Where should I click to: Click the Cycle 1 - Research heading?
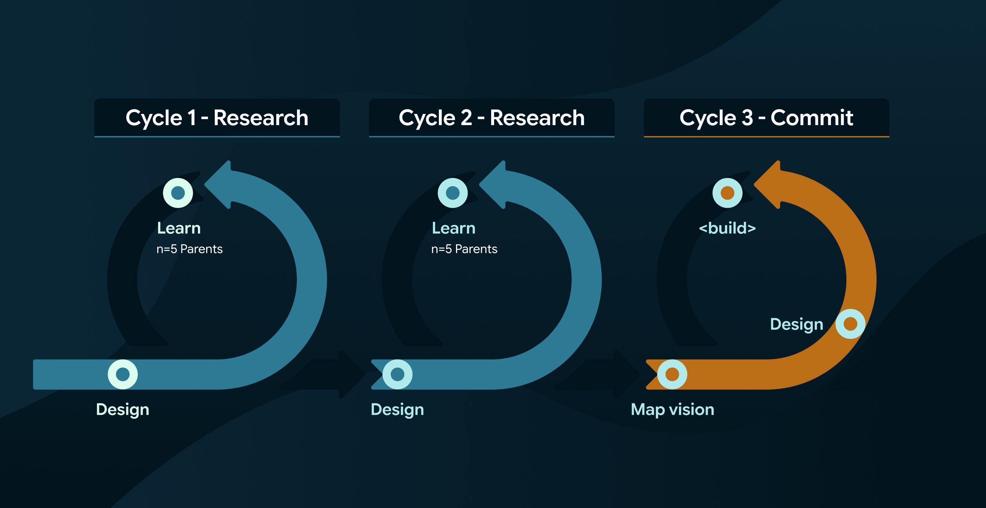click(x=217, y=118)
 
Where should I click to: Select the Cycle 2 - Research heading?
click(x=492, y=118)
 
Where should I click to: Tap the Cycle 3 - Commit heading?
click(x=766, y=118)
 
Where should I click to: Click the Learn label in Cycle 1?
click(x=179, y=228)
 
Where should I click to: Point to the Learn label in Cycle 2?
click(x=453, y=228)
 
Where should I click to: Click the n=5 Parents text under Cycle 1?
click(x=189, y=249)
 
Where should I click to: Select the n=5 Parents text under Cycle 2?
click(x=464, y=249)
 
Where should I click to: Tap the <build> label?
click(x=727, y=228)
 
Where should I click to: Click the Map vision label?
click(x=673, y=410)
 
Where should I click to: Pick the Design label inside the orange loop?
click(x=797, y=325)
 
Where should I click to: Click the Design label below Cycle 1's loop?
click(x=123, y=410)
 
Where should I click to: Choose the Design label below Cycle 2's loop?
click(x=397, y=410)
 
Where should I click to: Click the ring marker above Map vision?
click(x=672, y=374)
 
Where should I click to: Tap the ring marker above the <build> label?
click(x=727, y=193)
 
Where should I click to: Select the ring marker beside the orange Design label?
click(x=850, y=324)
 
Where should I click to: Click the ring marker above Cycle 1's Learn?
click(x=178, y=193)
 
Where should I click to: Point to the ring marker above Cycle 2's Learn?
click(x=452, y=193)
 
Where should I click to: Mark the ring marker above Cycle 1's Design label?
click(x=123, y=374)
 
